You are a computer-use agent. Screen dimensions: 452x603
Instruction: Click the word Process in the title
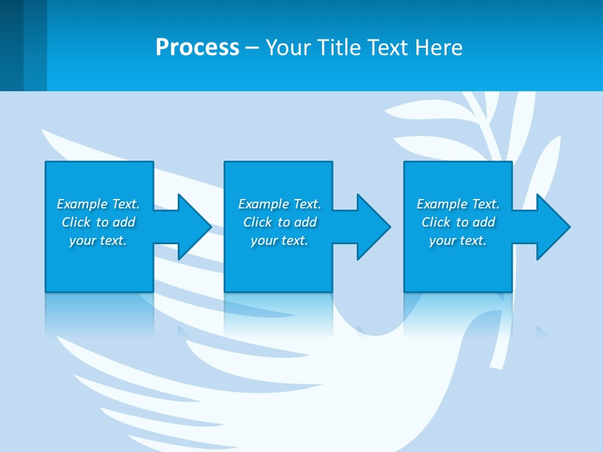coord(197,48)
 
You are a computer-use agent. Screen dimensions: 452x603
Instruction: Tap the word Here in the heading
coord(438,48)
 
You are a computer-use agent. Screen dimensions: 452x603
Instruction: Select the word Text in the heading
coord(389,48)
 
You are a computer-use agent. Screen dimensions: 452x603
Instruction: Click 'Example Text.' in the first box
coord(98,204)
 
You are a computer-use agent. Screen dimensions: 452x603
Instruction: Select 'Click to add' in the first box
coord(98,222)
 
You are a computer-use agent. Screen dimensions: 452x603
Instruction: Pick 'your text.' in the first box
coord(98,240)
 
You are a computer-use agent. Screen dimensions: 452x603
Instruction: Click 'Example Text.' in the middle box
coord(280,204)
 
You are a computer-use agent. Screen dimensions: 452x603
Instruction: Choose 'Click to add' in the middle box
coord(280,222)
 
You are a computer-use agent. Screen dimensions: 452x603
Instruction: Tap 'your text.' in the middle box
coord(280,240)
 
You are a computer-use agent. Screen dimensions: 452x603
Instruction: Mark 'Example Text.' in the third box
coord(458,204)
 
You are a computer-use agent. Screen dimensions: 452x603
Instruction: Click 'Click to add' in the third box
coord(458,222)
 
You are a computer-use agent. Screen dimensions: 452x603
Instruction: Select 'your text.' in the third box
coord(458,240)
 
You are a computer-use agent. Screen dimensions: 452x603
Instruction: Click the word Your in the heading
coord(287,48)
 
